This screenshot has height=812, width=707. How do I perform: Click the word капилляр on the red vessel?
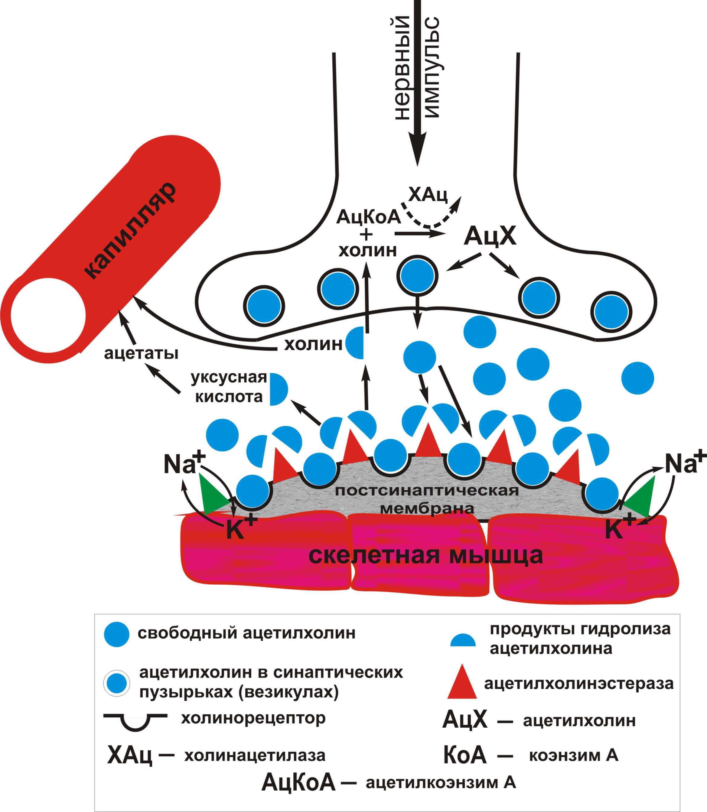point(130,231)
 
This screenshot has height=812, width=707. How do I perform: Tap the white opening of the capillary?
point(48,316)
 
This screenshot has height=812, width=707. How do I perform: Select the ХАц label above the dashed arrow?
point(428,194)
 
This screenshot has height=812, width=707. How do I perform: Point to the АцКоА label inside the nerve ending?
point(368,217)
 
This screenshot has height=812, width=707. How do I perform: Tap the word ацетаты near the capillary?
point(141,353)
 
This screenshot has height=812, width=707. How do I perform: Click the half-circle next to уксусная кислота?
point(278,389)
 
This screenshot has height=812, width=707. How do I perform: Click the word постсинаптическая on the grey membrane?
point(426,491)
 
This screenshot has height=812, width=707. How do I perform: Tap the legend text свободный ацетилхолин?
point(246,633)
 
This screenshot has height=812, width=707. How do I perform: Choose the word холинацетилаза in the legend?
point(255,755)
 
